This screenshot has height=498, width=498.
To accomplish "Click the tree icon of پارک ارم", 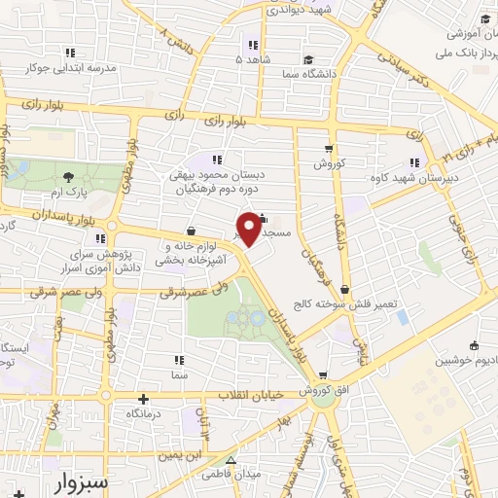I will [67, 176].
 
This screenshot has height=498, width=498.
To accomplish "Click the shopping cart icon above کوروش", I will [331, 150].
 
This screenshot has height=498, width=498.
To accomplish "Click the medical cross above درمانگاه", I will [144, 398].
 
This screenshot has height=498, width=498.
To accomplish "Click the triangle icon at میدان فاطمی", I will [231, 461].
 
